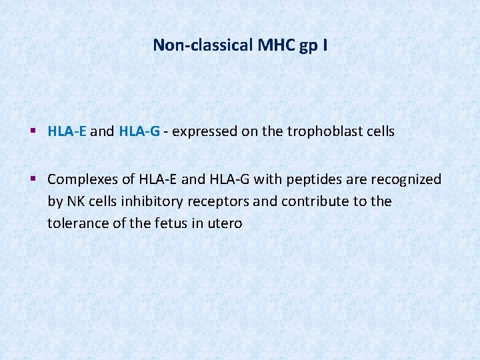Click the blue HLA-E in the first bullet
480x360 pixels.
(67, 131)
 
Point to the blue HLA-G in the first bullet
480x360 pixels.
(139, 131)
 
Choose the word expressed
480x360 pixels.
(204, 132)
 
